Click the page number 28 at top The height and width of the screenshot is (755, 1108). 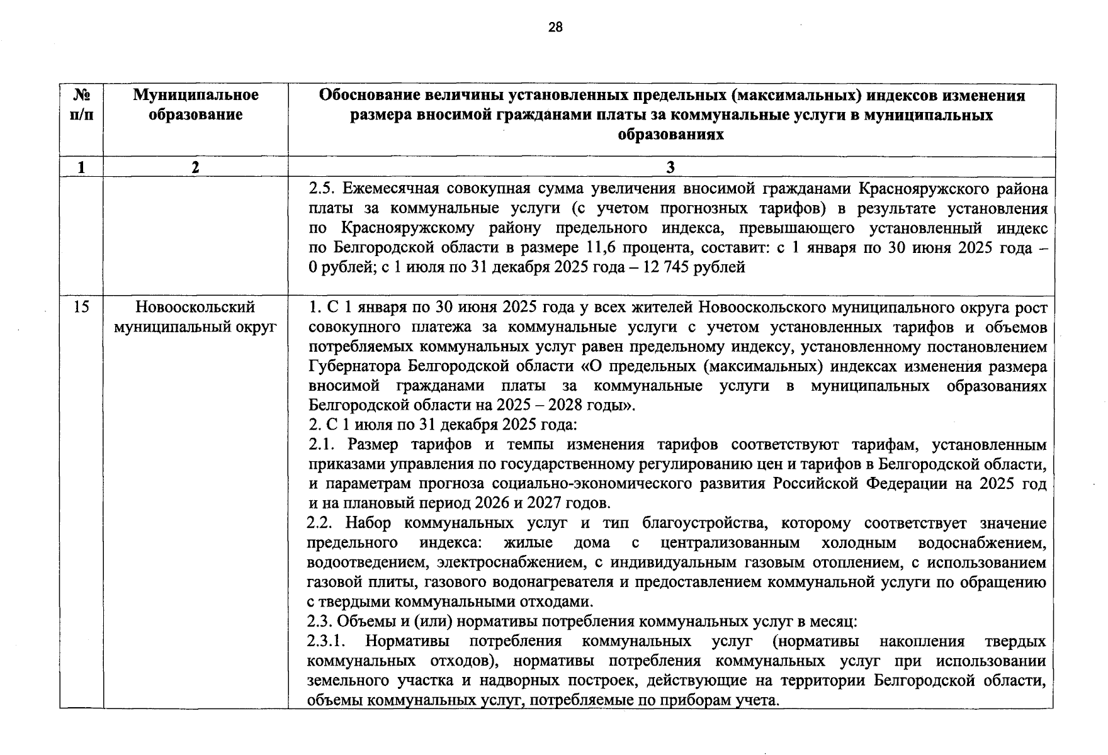555,27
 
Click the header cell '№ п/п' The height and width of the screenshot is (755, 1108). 81,105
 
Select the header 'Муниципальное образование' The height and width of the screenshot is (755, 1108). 196,105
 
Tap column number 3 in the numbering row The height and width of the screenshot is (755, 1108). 670,167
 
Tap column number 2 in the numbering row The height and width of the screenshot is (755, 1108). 196,167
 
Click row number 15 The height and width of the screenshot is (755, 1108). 81,307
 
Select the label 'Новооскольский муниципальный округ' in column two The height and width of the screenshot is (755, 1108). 196,317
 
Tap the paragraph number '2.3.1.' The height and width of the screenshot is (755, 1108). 328,642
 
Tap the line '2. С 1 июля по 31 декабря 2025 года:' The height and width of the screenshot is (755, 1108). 442,425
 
